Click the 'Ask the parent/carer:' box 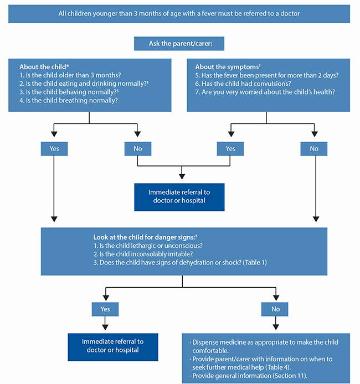(179, 44)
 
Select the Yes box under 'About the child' (54, 149)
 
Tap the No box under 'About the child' (138, 149)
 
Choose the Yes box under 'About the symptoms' (230, 149)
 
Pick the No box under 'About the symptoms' (314, 149)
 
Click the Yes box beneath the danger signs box (105, 309)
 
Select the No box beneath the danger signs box (275, 309)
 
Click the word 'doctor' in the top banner (290, 13)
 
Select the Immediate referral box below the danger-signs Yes (113, 347)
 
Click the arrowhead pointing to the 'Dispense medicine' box (276, 327)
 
